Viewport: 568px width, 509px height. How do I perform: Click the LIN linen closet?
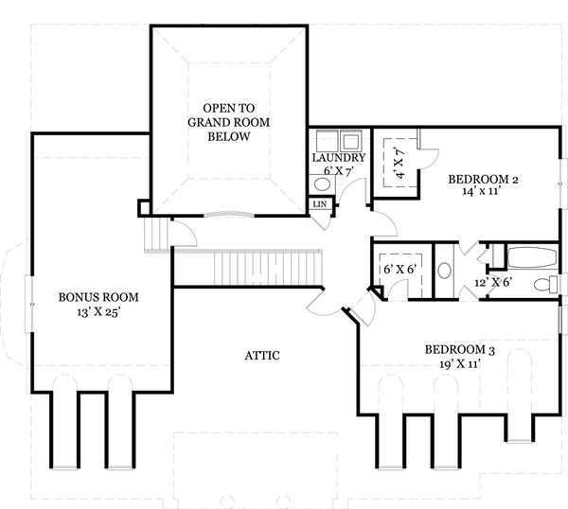(319, 204)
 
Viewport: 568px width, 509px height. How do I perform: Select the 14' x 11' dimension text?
(483, 191)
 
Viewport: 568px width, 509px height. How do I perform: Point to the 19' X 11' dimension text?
(458, 362)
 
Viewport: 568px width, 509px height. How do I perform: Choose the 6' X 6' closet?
(401, 271)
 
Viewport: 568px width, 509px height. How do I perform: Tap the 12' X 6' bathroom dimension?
(493, 283)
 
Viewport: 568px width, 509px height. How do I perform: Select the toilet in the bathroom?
(544, 284)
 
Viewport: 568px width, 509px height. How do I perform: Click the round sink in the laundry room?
(318, 184)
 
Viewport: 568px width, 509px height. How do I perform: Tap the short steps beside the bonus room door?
(155, 234)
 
